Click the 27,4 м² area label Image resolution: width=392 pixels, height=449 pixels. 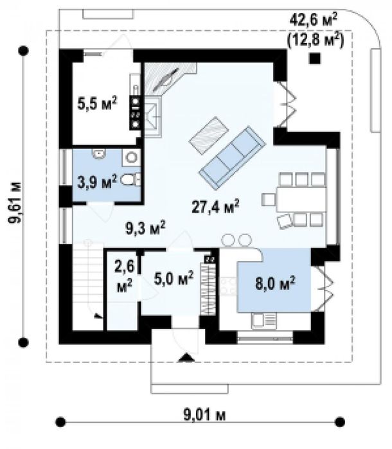click(x=215, y=206)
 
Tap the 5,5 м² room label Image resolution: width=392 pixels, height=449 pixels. click(x=98, y=103)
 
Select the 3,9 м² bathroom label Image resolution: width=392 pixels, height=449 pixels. click(x=98, y=182)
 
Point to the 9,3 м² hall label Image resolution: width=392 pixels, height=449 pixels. click(x=145, y=228)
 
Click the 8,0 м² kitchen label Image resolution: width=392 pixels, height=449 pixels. click(x=275, y=283)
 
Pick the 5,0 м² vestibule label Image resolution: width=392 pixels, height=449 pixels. click(x=174, y=278)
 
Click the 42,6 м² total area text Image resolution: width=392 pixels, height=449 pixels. click(x=314, y=20)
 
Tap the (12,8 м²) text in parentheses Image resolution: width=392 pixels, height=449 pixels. click(x=315, y=40)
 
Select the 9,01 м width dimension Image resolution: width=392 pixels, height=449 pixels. click(x=204, y=415)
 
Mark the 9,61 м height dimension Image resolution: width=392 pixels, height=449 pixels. click(x=15, y=203)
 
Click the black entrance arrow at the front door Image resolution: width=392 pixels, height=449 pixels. click(x=186, y=358)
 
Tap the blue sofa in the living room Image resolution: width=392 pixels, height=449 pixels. click(x=233, y=159)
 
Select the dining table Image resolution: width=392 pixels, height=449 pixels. click(x=301, y=199)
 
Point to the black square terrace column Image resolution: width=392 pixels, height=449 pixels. click(x=315, y=58)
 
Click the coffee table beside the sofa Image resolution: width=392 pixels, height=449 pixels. click(x=209, y=136)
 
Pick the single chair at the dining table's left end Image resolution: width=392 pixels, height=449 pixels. click(x=269, y=200)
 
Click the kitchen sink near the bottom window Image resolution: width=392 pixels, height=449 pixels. click(x=264, y=321)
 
